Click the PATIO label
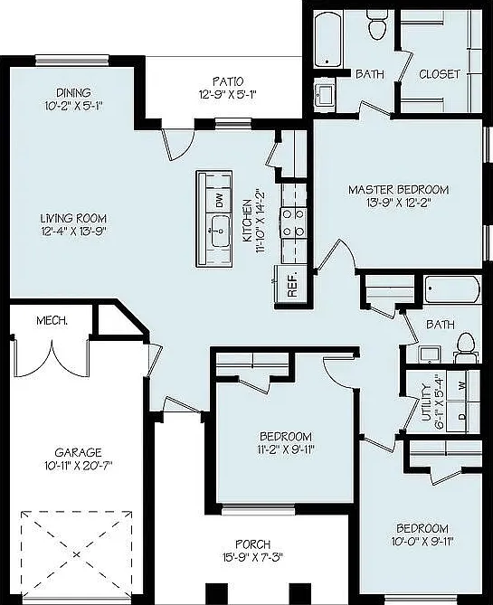tap(228, 81)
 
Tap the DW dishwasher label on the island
tap(219, 201)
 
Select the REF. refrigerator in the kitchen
tap(292, 286)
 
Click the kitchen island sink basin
tap(221, 232)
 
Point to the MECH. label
tap(52, 320)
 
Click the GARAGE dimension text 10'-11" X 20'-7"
tap(78, 466)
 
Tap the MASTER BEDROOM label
tap(398, 190)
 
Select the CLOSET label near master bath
tap(440, 74)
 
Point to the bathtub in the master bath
tap(327, 40)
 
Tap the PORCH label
tap(253, 544)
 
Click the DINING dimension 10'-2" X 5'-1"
tap(74, 106)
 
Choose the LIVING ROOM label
tap(73, 218)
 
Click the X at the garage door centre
tap(77, 554)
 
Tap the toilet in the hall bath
tap(466, 347)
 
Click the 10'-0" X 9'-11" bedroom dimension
tap(422, 542)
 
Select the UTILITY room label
tap(426, 402)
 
